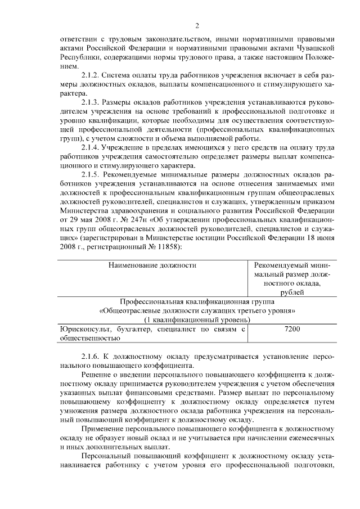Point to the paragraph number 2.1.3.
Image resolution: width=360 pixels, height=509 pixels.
coord(92,103)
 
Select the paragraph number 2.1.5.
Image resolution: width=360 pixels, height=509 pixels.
coord(92,175)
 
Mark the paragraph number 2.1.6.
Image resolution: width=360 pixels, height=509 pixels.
coord(92,357)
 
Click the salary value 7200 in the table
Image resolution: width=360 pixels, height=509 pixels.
coord(292,329)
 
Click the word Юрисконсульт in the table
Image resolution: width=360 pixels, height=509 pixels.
coord(82,329)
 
